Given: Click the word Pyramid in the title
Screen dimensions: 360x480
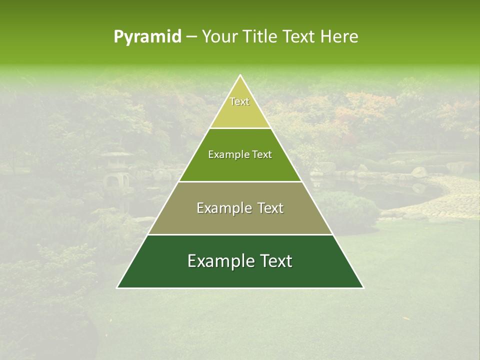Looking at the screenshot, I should click(x=147, y=37).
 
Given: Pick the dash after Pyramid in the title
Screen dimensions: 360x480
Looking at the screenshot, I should click(x=191, y=37).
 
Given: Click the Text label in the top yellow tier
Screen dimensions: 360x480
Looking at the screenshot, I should click(x=239, y=102).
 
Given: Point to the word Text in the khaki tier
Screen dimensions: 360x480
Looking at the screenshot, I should click(x=270, y=208).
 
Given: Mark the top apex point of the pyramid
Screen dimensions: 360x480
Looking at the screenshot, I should click(x=240, y=75).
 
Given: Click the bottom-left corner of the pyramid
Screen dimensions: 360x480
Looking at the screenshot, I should click(x=117, y=287).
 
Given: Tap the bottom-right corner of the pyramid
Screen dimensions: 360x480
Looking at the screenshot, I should click(x=363, y=287).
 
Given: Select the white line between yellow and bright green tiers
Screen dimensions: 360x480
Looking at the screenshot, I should click(x=240, y=128).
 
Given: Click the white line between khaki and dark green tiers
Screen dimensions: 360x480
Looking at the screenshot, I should click(x=240, y=234).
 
